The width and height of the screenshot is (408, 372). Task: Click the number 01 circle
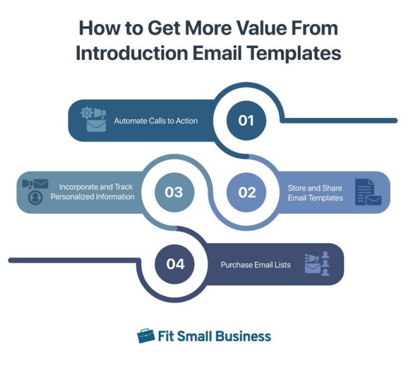[x=246, y=120]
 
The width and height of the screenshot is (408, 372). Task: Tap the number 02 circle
[x=247, y=192]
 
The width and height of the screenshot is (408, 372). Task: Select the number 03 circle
[x=174, y=192]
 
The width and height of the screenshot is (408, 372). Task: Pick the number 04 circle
[x=175, y=263]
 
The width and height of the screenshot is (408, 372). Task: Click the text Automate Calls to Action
[x=156, y=121]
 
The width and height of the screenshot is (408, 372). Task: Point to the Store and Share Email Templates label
[x=315, y=192]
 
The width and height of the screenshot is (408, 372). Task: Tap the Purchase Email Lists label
[x=255, y=265]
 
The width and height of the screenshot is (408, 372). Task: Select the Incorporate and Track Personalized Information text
[x=92, y=192]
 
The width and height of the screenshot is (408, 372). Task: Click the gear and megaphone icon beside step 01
[x=93, y=119]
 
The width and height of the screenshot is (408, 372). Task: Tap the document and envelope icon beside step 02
[x=368, y=192]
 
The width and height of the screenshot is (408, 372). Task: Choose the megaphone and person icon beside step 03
[x=35, y=191]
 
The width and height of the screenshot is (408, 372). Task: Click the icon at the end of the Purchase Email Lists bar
[x=317, y=264]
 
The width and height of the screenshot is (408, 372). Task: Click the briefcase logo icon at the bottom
[x=146, y=336]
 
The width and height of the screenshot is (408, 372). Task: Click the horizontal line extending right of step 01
[x=341, y=120]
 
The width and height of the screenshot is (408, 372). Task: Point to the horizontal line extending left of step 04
[x=73, y=260]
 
